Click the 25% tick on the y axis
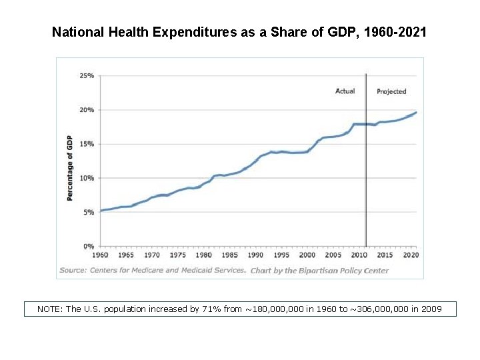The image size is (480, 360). coord(87,76)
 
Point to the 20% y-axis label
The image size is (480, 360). coord(87,110)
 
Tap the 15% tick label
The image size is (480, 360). coord(87,144)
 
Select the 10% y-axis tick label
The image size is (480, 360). coord(87,178)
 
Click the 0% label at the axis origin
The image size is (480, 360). coord(89,246)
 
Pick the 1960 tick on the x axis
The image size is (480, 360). coord(100,255)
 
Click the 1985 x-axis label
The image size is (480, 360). coord(230,255)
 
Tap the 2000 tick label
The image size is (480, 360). coord(307,255)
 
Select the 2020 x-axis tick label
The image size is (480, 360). coord(411,255)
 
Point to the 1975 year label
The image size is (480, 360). coord(178,255)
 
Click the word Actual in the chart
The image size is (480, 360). coord(345,91)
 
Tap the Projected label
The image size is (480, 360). coord(391,91)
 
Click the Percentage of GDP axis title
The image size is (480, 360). coord(69,168)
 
